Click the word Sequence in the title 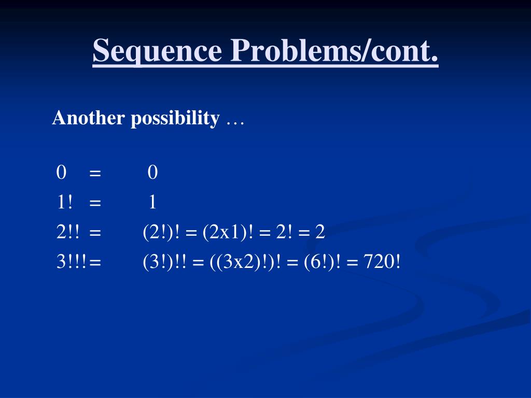[x=157, y=52]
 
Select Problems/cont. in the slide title [x=333, y=52]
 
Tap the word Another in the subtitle [x=89, y=119]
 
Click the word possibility [x=175, y=119]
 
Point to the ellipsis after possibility [x=235, y=120]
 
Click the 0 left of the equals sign [x=62, y=173]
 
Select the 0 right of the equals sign [x=152, y=173]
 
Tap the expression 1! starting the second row [x=65, y=202]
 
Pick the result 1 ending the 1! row [x=152, y=202]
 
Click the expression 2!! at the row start [x=68, y=232]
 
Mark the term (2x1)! [x=228, y=232]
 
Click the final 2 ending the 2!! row [x=320, y=232]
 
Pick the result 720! [x=382, y=262]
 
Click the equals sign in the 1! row [x=95, y=203]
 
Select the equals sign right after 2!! [x=95, y=233]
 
